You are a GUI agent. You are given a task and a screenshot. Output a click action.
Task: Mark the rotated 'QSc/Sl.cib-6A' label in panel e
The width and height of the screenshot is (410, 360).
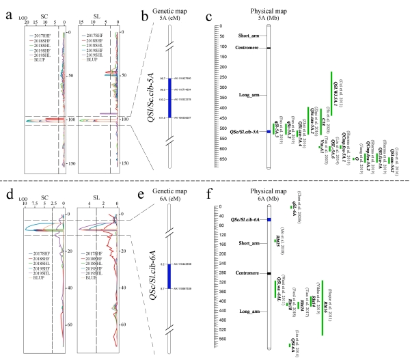click(x=143, y=274)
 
